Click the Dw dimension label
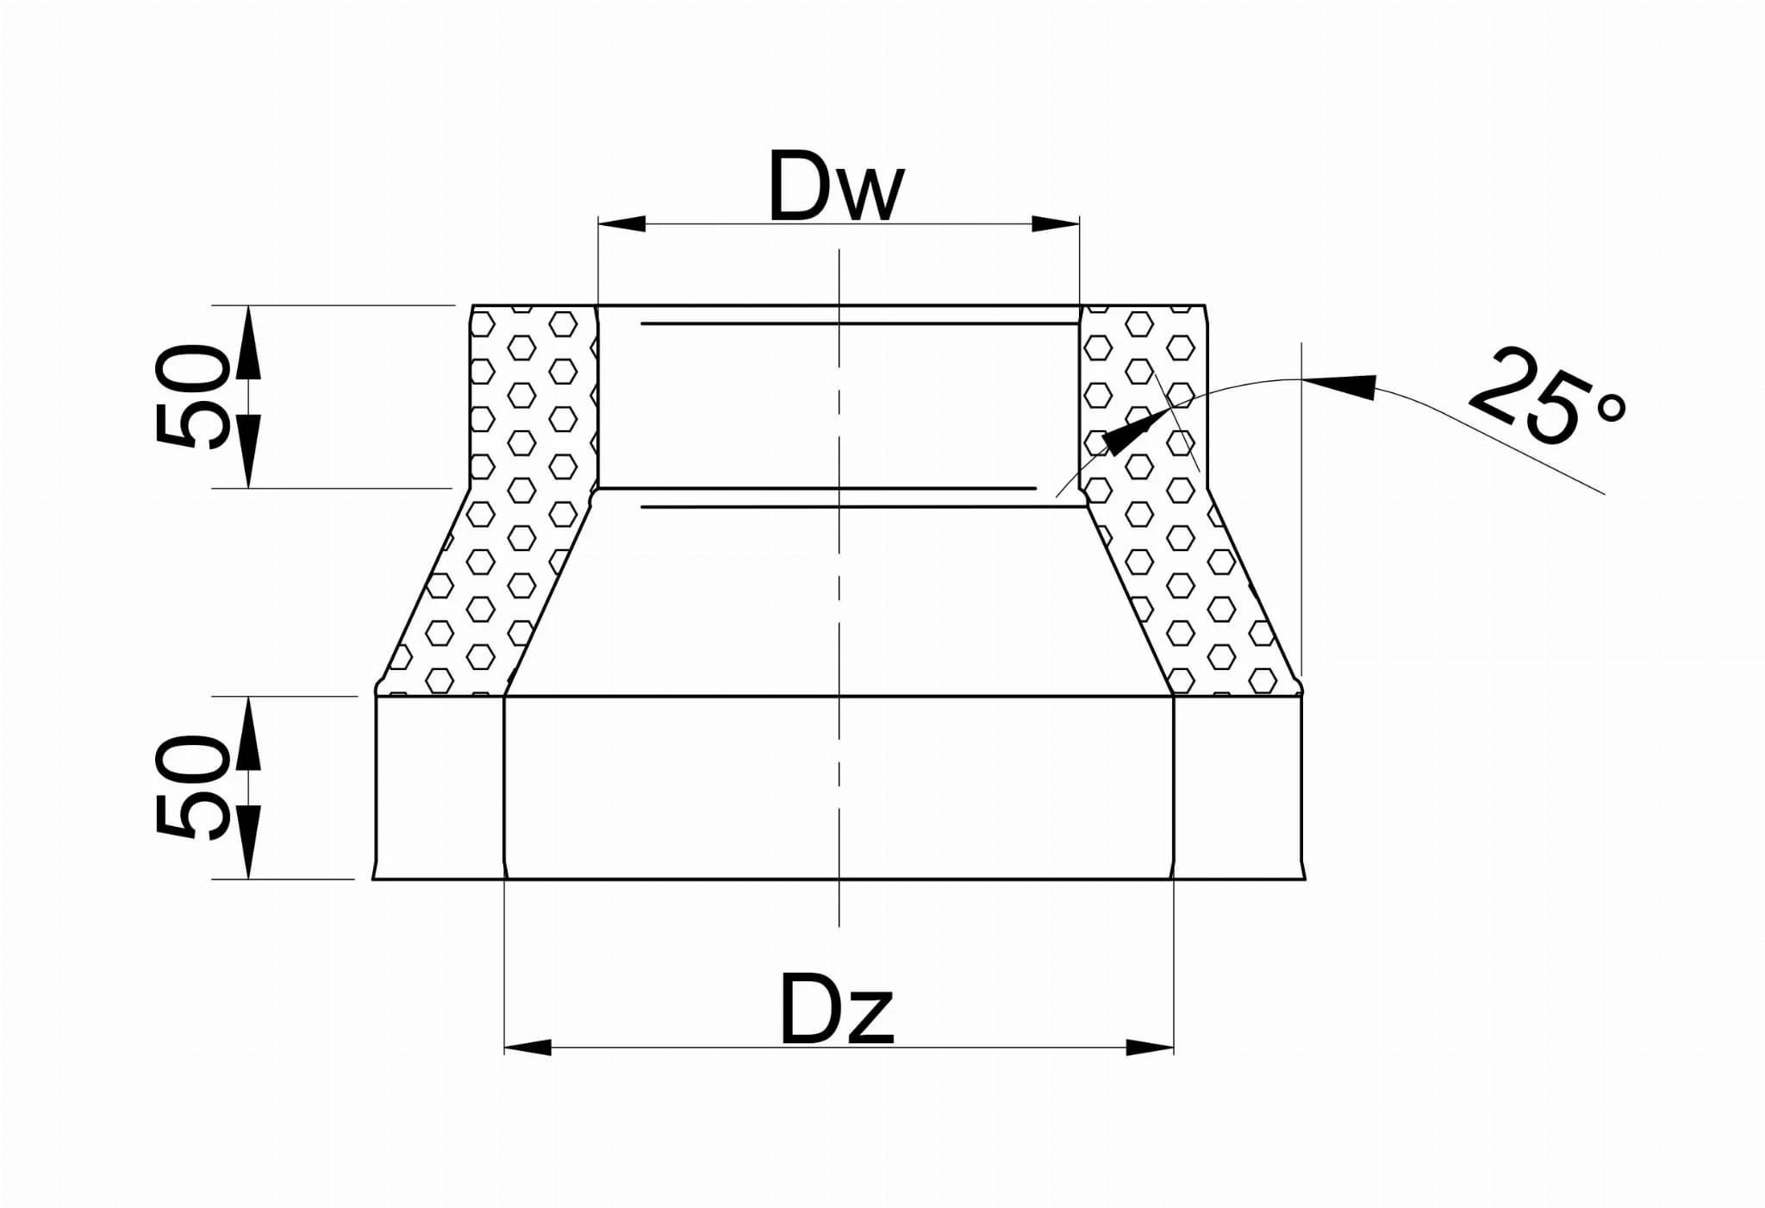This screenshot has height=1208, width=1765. (835, 186)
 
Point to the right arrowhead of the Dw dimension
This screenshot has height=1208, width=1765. (1056, 224)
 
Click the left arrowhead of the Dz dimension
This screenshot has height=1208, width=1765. (527, 1048)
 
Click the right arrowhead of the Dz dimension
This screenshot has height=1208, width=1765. (1151, 1048)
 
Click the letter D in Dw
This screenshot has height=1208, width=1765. (797, 186)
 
